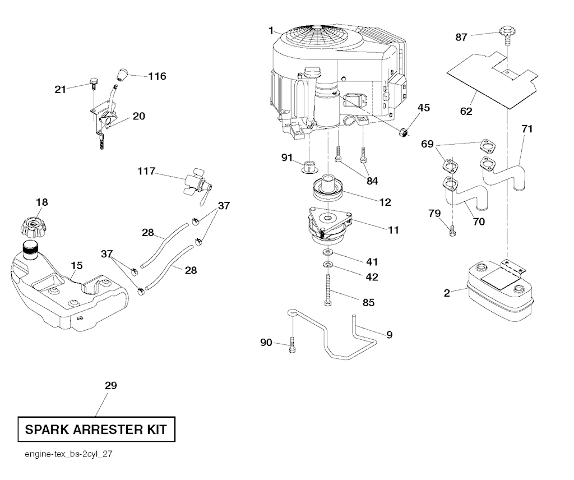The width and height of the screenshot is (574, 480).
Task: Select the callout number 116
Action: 158,76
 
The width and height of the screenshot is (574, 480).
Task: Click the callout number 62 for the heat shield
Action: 466,111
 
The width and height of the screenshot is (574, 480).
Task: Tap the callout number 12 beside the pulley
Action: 385,202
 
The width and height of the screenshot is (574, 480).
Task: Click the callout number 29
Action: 110,386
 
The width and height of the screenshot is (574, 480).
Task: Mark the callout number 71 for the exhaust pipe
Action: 527,129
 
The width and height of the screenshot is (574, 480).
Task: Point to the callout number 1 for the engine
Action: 271,30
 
